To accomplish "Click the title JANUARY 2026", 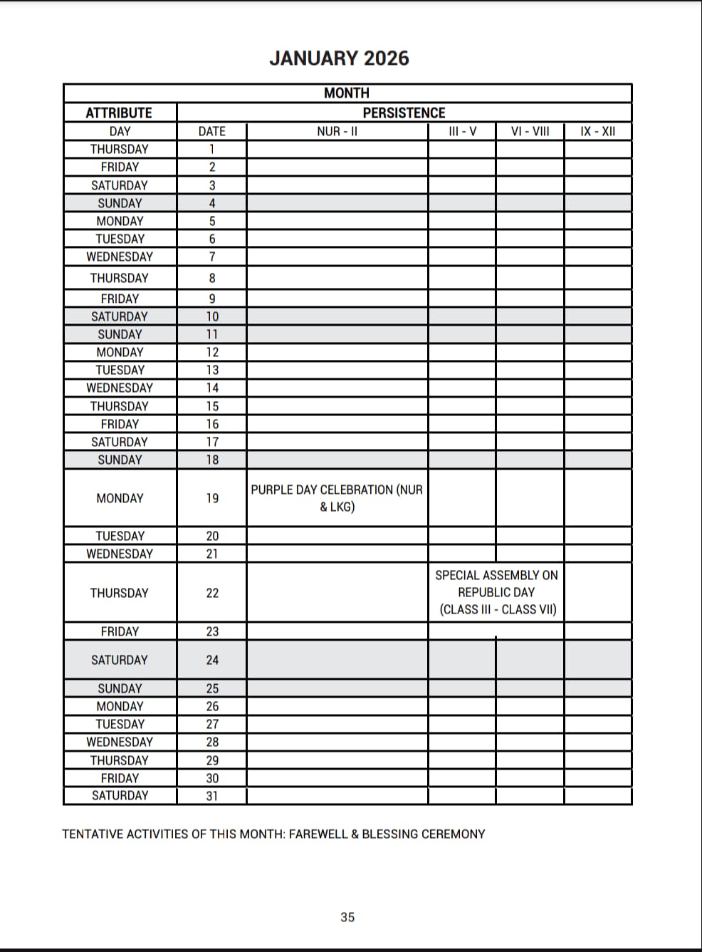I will click(339, 58).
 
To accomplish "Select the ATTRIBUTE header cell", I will click(119, 113).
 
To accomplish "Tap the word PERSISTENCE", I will click(404, 113).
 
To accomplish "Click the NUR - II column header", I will click(337, 131).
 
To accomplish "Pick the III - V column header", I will click(462, 131).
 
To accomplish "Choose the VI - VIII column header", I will click(530, 131).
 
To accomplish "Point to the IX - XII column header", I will click(597, 131).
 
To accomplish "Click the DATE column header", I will click(211, 131).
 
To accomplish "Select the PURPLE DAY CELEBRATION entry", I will click(337, 498).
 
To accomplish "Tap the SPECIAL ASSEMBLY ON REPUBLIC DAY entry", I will click(497, 592).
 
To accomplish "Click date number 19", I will click(212, 498).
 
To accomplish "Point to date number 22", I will click(212, 593).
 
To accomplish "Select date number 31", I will click(212, 796).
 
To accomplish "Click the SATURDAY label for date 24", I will click(120, 660).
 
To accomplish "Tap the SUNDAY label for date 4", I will click(120, 203).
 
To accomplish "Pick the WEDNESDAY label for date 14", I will click(120, 388).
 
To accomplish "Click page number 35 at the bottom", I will click(347, 917).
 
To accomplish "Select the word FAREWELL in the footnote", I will click(318, 834).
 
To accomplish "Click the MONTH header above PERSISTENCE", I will click(347, 93).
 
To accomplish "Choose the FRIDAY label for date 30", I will click(120, 778).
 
